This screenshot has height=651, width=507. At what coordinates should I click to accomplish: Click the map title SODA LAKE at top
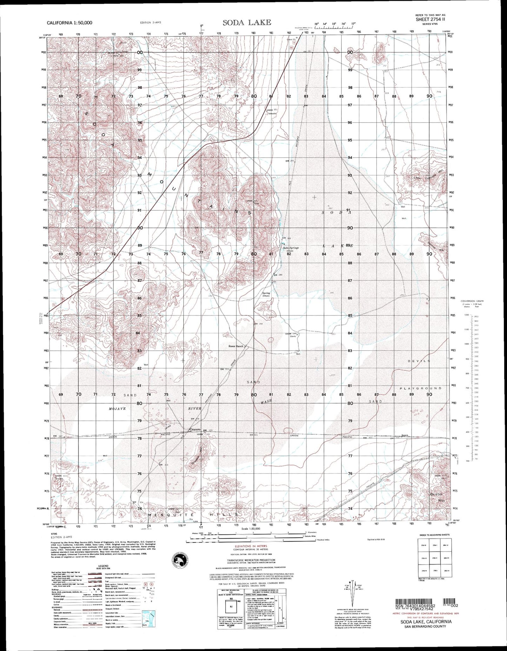tap(247, 22)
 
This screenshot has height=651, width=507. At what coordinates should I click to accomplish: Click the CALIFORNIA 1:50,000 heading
tap(69, 22)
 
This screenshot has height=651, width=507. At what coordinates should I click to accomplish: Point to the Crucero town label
tap(194, 429)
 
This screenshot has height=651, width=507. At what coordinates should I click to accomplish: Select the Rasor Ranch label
tap(235, 346)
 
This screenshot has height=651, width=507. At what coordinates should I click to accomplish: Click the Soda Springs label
tap(291, 248)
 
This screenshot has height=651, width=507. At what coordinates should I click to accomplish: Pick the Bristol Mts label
tap(436, 497)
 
